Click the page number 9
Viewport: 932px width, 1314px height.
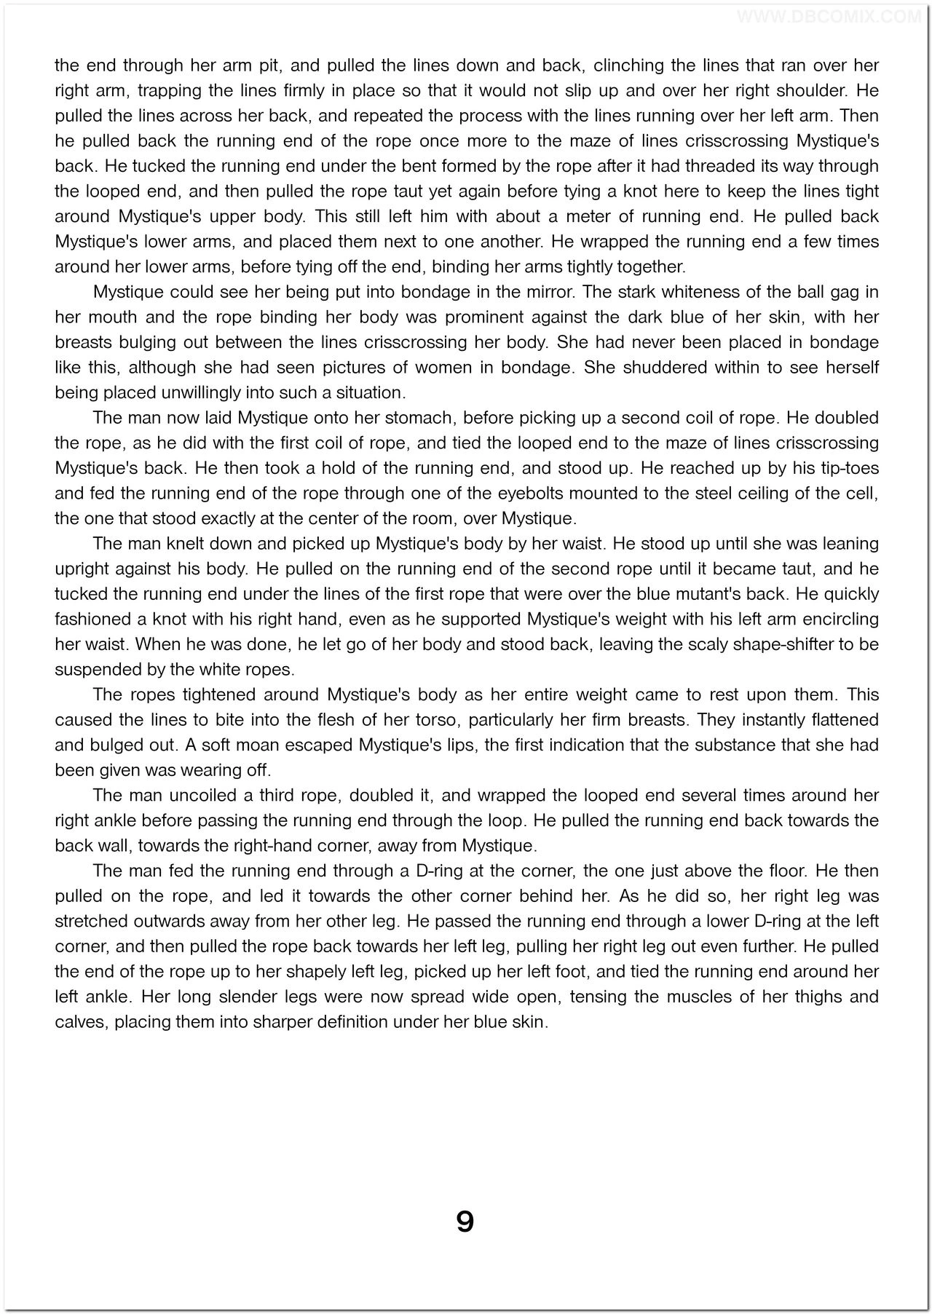tap(465, 1221)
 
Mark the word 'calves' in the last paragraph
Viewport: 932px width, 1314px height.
tap(77, 1021)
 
